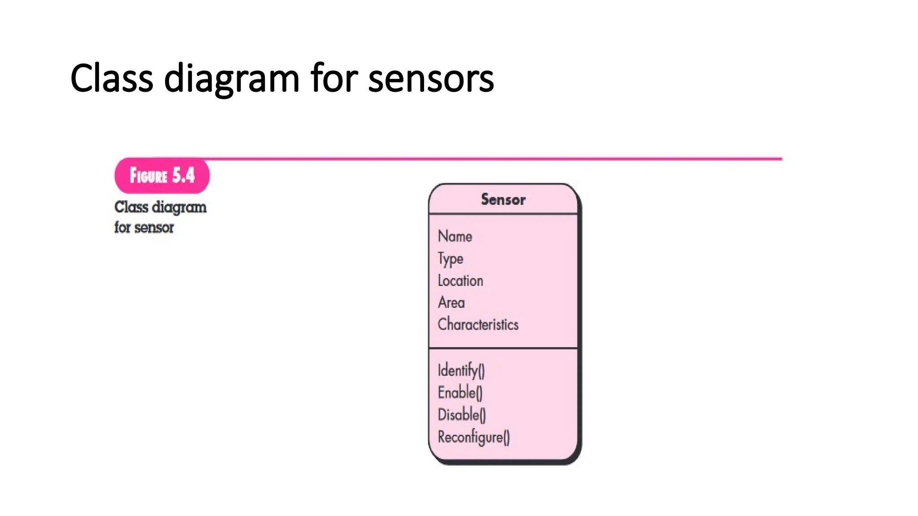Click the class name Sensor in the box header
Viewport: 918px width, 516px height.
pyautogui.click(x=503, y=199)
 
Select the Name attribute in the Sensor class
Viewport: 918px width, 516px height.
pyautogui.click(x=455, y=236)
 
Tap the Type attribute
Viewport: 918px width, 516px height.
pyautogui.click(x=450, y=259)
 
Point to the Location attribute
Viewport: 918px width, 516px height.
pyautogui.click(x=460, y=281)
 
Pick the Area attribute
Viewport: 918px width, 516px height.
pyautogui.click(x=451, y=303)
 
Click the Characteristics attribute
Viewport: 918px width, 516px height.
pyautogui.click(x=478, y=324)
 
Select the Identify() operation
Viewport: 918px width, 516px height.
pyautogui.click(x=461, y=370)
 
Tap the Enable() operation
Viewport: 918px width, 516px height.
pyautogui.click(x=460, y=393)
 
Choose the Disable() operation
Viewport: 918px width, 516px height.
pyautogui.click(x=462, y=415)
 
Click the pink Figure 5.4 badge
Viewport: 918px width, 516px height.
pyautogui.click(x=162, y=176)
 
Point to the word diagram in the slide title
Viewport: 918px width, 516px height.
pyautogui.click(x=231, y=79)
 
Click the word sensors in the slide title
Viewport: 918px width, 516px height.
pyautogui.click(x=431, y=79)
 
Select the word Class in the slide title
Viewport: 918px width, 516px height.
pyautogui.click(x=112, y=79)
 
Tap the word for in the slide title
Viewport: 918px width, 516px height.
pyautogui.click(x=333, y=79)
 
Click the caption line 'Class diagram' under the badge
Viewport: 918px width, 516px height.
pyautogui.click(x=160, y=207)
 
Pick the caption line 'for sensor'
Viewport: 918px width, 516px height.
pyautogui.click(x=144, y=228)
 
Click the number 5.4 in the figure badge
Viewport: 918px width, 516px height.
pyautogui.click(x=184, y=176)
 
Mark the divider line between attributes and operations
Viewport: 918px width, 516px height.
pyautogui.click(x=503, y=348)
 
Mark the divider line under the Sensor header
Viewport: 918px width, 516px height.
pyautogui.click(x=503, y=214)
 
